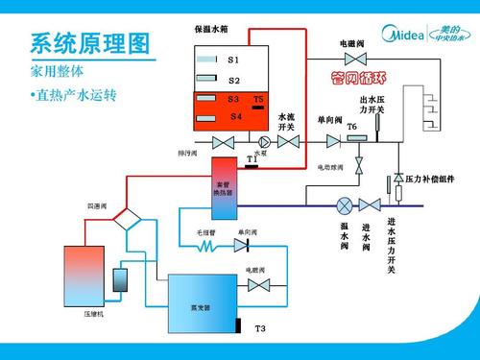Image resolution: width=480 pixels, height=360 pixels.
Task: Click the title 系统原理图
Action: (x=91, y=42)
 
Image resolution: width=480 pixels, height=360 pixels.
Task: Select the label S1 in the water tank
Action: (x=233, y=60)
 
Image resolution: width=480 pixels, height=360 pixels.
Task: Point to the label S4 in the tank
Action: (x=236, y=116)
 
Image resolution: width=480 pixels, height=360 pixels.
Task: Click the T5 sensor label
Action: (x=258, y=100)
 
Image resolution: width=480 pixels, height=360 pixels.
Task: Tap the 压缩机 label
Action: (x=93, y=315)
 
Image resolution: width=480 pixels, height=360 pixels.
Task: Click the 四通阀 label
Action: (x=97, y=206)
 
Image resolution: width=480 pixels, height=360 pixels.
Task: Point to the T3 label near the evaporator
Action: (x=259, y=328)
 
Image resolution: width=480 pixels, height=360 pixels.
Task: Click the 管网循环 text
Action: (x=357, y=76)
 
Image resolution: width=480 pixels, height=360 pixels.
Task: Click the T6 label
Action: (x=351, y=127)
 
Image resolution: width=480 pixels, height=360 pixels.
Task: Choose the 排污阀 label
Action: (x=187, y=153)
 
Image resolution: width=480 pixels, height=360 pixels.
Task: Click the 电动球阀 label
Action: (x=330, y=167)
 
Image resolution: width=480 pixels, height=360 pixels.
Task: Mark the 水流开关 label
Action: (x=286, y=122)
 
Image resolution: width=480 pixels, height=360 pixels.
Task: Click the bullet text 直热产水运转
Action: (x=73, y=96)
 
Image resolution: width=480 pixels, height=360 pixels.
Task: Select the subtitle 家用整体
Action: (x=58, y=72)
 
